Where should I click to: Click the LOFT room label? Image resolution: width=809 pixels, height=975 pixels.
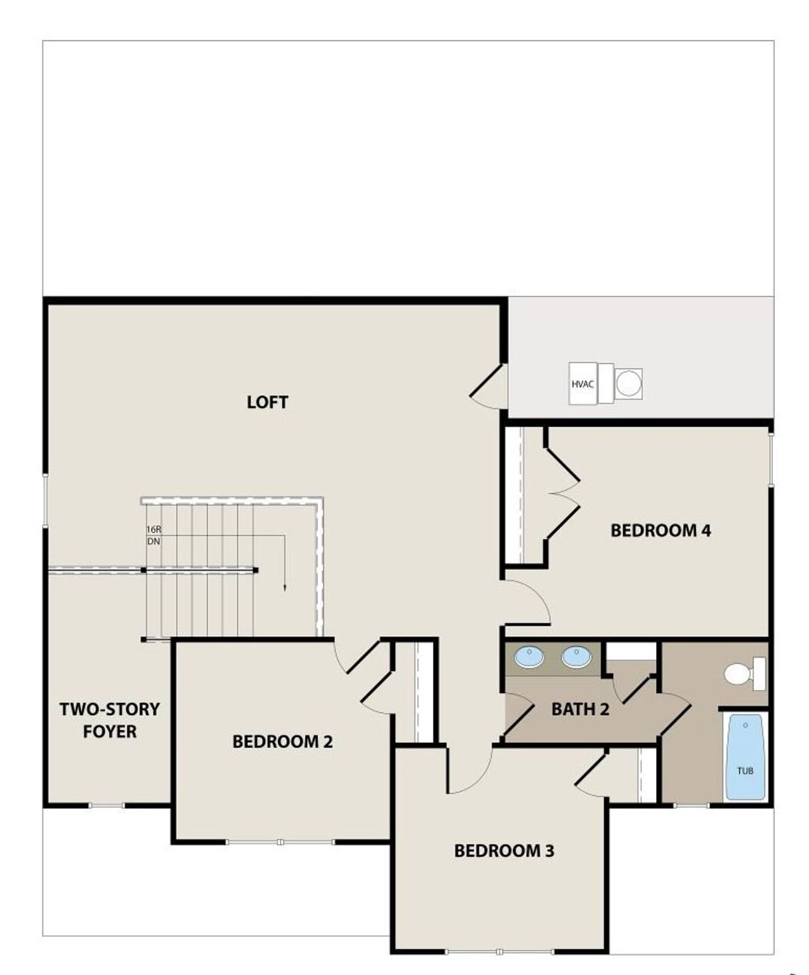[267, 402]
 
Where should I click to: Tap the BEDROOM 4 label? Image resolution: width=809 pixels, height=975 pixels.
[660, 530]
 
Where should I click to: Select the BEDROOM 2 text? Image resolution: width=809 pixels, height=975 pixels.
[283, 741]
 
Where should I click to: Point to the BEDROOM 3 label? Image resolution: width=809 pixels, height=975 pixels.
[504, 850]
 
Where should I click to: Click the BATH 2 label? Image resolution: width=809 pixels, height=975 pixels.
[580, 709]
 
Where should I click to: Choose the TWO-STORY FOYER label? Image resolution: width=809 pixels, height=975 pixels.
[110, 720]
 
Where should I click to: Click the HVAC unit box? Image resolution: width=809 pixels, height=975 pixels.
[583, 384]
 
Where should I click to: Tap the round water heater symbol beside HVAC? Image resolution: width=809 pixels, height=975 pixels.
[629, 383]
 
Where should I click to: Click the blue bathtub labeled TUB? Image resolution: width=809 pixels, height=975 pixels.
[745, 757]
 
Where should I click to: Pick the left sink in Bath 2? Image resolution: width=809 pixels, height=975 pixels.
[529, 657]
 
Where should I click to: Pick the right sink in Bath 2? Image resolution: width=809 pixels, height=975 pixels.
[576, 657]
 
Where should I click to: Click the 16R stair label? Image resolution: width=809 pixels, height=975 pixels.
[154, 529]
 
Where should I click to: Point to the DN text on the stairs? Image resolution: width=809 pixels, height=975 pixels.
[154, 542]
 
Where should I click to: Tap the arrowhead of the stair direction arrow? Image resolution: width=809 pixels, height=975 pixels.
[284, 587]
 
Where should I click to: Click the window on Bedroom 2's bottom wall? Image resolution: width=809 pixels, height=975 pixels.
[280, 842]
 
